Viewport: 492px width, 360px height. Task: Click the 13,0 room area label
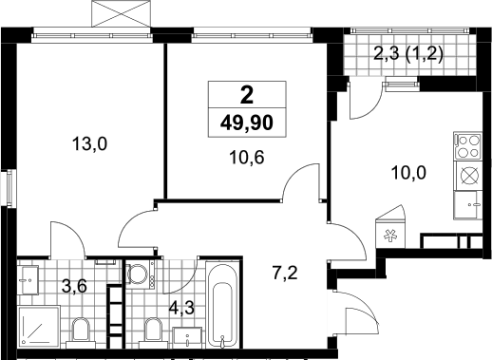point(89,143)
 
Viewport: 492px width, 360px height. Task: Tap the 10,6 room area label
point(247,157)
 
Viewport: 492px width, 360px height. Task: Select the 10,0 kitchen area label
point(408,173)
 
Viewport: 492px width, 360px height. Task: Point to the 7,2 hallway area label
point(285,273)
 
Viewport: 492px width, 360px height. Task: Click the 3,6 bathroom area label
point(74,287)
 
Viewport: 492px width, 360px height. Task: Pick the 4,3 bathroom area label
point(181,308)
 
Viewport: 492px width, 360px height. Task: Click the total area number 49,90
point(247,123)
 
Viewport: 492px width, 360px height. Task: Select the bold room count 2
point(247,95)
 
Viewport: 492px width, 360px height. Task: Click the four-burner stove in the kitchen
point(467,145)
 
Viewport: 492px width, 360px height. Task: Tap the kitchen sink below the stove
point(467,205)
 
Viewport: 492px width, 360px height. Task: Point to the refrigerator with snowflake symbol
point(390,227)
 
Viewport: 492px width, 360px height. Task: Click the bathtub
point(223,304)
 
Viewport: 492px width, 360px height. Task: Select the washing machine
point(141,274)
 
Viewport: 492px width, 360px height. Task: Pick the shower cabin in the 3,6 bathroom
point(39,327)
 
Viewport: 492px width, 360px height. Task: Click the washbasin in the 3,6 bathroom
point(28,279)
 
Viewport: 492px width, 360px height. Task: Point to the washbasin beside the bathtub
point(187,338)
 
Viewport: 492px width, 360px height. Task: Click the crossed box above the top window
point(122,13)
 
